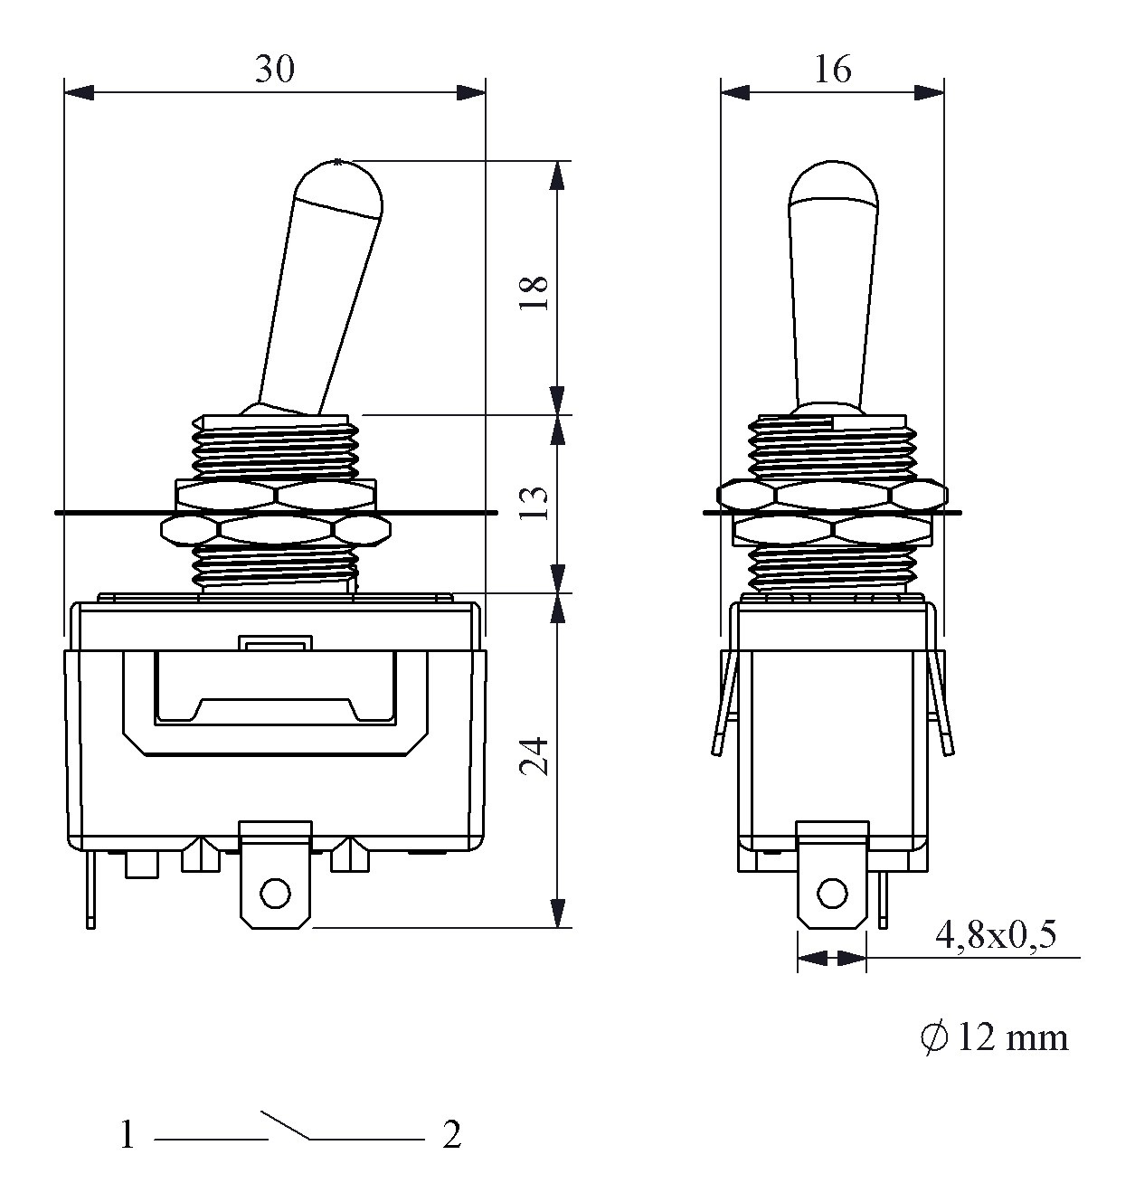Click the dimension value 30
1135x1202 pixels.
[275, 69]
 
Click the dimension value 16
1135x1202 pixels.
[833, 69]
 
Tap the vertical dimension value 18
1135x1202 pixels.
[534, 294]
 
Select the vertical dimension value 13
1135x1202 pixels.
[534, 503]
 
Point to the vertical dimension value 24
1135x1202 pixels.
[534, 756]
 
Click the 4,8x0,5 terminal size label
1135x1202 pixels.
[996, 934]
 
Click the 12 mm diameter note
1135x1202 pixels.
[995, 1037]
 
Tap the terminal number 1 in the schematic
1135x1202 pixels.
[128, 1135]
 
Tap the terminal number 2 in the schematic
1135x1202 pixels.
[452, 1135]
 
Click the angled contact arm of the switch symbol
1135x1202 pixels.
[286, 1125]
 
